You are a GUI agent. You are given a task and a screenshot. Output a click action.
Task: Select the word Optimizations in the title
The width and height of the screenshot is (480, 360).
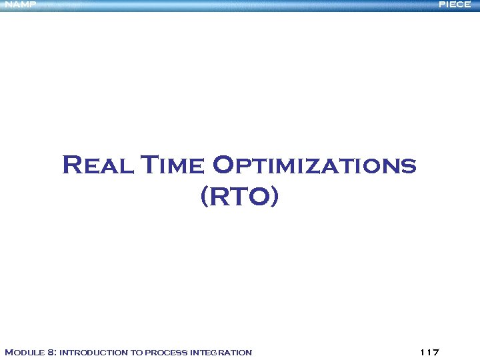pos(313,165)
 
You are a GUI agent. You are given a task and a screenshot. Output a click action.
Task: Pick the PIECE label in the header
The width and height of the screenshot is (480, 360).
pos(455,5)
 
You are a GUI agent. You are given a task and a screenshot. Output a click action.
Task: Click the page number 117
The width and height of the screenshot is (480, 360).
pos(431,352)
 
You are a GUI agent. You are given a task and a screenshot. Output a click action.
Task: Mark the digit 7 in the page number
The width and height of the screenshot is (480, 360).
pos(437,352)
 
